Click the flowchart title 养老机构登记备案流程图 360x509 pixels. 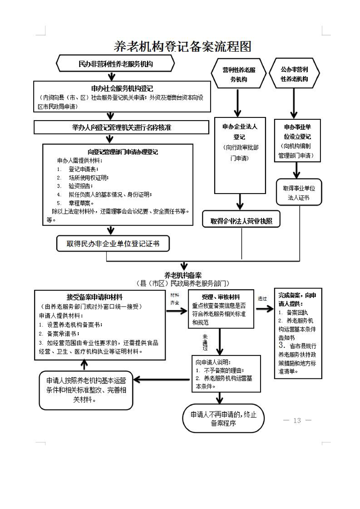coord(182,46)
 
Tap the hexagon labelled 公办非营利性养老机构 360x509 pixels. coord(294,75)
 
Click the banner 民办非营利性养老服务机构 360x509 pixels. coord(116,64)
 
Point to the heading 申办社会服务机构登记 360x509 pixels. coord(122,89)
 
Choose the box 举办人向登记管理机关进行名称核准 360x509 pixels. coord(121,127)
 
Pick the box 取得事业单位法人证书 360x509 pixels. coord(295,193)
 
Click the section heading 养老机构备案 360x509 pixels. coord(183,275)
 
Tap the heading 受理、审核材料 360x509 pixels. coord(220,297)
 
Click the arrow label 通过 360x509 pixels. coord(262,298)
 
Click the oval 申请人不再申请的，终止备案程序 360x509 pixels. coord(224,419)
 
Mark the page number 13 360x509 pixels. coord(297,420)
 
